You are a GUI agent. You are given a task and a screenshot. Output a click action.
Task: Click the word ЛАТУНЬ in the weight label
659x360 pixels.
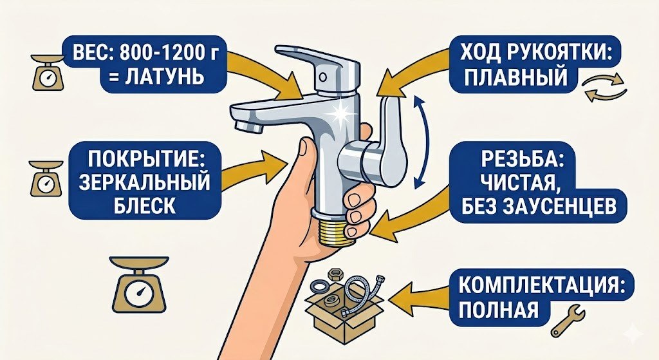coord(158,78)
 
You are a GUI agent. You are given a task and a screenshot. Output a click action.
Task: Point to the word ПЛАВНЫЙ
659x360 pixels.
coord(515,78)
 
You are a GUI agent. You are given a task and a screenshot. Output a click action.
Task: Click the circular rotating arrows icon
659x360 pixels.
coord(604,88)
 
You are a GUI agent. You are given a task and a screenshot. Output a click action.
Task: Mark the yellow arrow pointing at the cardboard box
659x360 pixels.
coord(418,298)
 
